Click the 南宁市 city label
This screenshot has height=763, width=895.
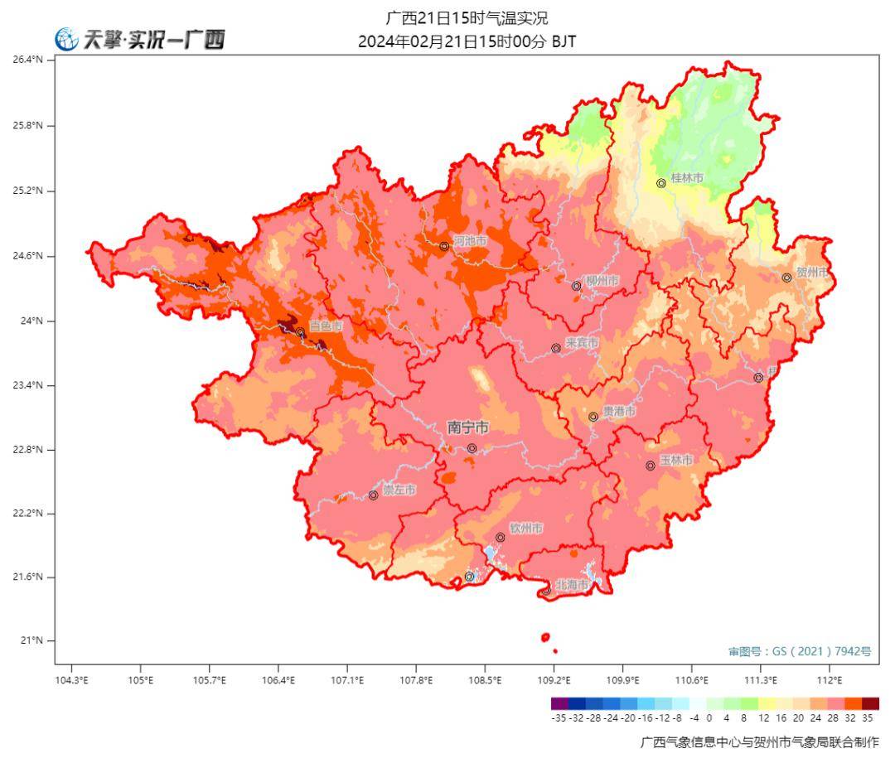(467, 427)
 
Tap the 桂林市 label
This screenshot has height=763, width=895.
(687, 178)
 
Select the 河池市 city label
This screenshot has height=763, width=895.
(470, 241)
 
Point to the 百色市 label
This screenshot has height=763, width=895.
(326, 326)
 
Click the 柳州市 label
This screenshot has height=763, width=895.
(602, 281)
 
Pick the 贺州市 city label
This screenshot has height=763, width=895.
(812, 272)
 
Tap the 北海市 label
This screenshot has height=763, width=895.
(572, 585)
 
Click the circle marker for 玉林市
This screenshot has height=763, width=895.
(651, 466)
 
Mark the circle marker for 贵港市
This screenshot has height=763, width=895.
(593, 417)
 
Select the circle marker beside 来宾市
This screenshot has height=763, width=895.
(556, 348)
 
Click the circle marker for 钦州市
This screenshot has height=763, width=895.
(501, 538)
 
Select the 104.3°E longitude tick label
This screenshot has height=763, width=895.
(71, 680)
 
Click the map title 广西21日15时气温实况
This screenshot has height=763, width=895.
(467, 18)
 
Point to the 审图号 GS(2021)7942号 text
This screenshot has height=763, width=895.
(799, 651)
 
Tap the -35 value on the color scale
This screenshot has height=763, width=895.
(559, 718)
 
